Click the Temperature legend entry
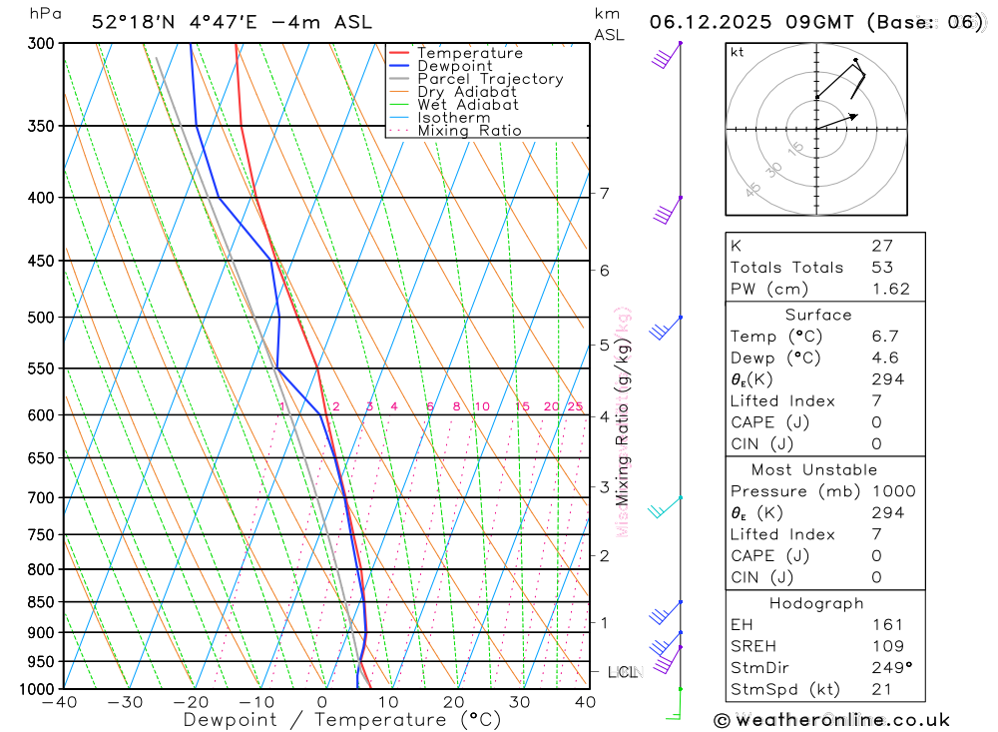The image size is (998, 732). pyautogui.click(x=469, y=53)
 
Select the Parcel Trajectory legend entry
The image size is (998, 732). pyautogui.click(x=489, y=79)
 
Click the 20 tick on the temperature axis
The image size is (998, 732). pyautogui.click(x=454, y=702)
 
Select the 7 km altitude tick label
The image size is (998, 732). pyautogui.click(x=604, y=193)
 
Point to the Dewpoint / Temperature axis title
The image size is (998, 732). pyautogui.click(x=342, y=719)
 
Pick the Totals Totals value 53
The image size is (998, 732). pyautogui.click(x=881, y=268)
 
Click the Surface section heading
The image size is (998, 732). pyautogui.click(x=818, y=315)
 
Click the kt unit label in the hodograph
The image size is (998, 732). pyautogui.click(x=738, y=52)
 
